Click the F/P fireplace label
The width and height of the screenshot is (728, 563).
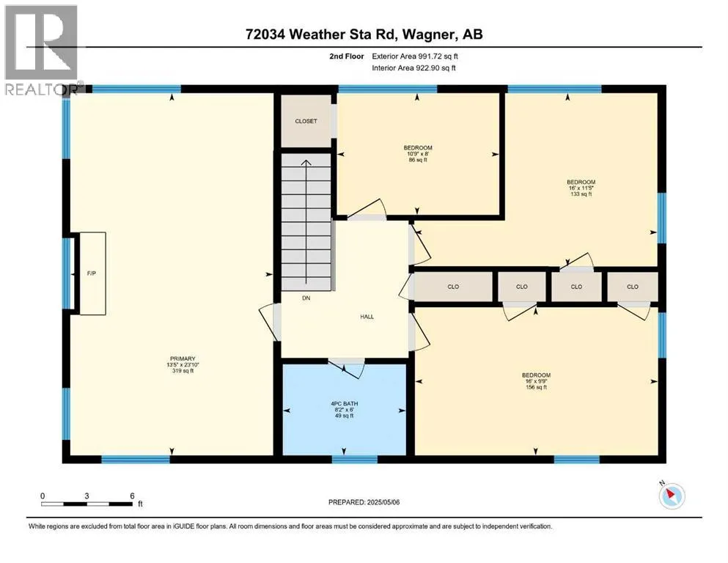point(92,274)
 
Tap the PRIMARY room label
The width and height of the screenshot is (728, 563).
point(183,358)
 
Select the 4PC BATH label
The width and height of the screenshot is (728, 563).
point(345,404)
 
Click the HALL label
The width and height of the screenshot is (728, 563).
point(367,317)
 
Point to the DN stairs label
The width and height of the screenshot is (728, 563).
point(306,298)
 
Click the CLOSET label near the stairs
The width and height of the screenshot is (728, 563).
point(306,121)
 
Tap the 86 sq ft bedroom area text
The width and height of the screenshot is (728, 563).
point(418,160)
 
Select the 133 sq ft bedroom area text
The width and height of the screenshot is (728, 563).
point(581,194)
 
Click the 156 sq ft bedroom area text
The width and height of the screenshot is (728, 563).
point(536,387)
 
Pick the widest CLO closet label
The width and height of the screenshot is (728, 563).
point(453,287)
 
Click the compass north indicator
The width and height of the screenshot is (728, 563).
point(672,496)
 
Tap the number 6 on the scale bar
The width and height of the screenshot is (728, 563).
point(132,496)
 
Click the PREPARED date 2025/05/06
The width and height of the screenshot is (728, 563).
point(383,502)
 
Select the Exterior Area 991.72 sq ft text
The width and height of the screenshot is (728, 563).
point(415,56)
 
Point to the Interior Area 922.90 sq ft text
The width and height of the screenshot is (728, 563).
point(413,67)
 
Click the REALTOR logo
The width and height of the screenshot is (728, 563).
point(41,50)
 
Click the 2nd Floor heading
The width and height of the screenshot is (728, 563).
point(346,56)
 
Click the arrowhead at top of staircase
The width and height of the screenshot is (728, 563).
point(306,163)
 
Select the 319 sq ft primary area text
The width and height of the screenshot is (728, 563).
point(183,371)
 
